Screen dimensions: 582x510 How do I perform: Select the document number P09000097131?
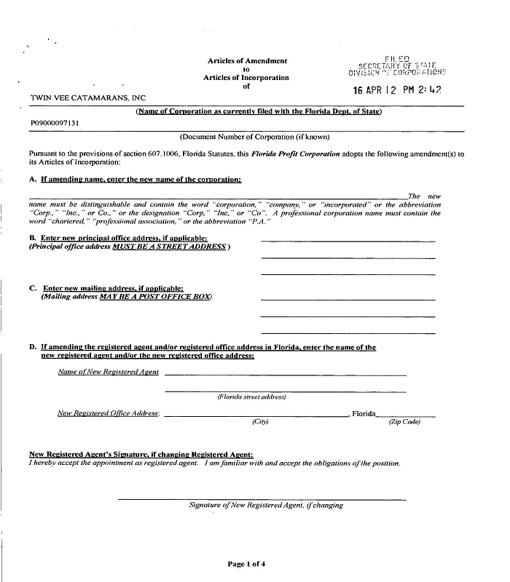55,124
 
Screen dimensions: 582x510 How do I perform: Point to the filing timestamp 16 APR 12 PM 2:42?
397,90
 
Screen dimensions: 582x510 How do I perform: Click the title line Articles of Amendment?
247,61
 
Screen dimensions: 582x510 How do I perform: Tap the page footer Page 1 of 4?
246,564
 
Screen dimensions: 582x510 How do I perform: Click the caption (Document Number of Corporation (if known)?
254,137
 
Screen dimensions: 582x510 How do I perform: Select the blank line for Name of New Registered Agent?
285,374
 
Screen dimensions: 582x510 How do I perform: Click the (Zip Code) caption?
404,422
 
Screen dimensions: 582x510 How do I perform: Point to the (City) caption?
260,422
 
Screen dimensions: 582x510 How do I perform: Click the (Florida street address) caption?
251,396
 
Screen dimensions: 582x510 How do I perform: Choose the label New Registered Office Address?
109,413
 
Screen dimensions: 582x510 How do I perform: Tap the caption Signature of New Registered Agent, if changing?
266,505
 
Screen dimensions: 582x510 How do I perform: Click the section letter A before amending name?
32,179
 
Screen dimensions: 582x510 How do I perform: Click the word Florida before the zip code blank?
364,413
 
